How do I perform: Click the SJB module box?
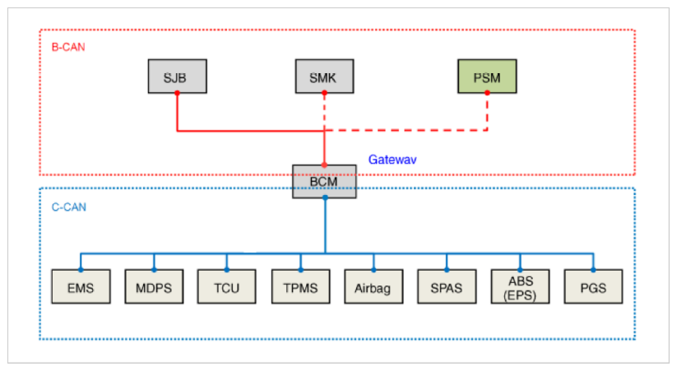[x=177, y=77]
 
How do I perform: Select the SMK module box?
[x=324, y=77]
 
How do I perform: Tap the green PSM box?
[x=488, y=77]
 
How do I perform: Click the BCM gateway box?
[x=324, y=181]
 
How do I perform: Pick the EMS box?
[x=80, y=286]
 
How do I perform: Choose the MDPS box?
[x=154, y=286]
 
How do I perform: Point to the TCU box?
[x=227, y=286]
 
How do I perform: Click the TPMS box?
[x=300, y=286]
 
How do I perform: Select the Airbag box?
[x=373, y=286]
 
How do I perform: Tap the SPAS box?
[x=447, y=286]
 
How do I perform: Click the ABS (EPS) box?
[x=520, y=286]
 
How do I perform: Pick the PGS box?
[x=593, y=286]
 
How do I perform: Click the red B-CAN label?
[x=68, y=47]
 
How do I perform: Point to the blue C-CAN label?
[x=68, y=206]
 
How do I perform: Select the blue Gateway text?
[x=392, y=159]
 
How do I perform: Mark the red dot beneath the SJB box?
[x=177, y=93]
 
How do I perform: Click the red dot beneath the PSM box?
[x=488, y=93]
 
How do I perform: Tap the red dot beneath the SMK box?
[x=324, y=93]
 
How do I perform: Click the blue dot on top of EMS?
[x=80, y=269]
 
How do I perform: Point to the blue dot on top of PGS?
[x=593, y=269]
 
